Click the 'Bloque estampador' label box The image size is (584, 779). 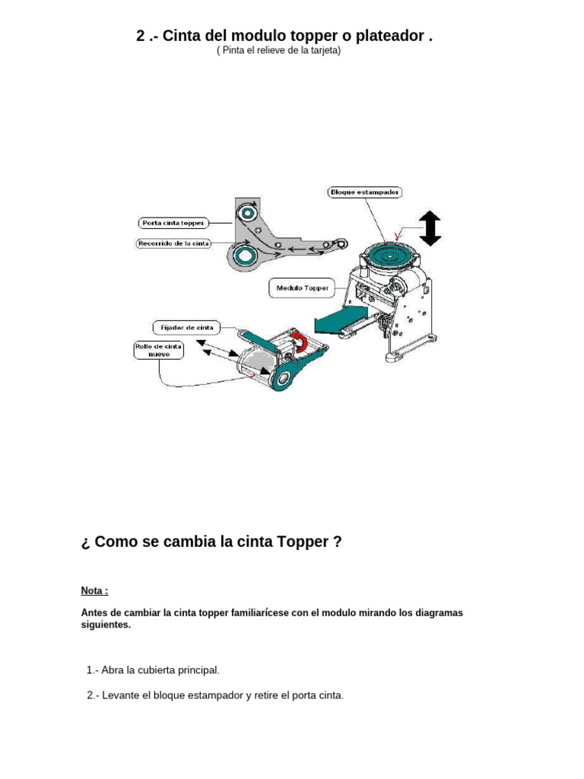(x=364, y=192)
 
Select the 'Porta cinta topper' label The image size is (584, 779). (x=173, y=223)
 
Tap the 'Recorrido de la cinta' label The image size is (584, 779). (x=173, y=244)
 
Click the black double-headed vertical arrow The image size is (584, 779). (x=430, y=228)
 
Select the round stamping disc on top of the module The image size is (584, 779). (x=392, y=254)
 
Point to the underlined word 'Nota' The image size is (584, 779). (x=93, y=590)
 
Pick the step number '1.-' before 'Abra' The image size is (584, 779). (x=93, y=669)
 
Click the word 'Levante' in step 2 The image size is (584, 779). (x=119, y=695)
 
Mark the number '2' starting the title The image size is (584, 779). (x=141, y=37)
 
